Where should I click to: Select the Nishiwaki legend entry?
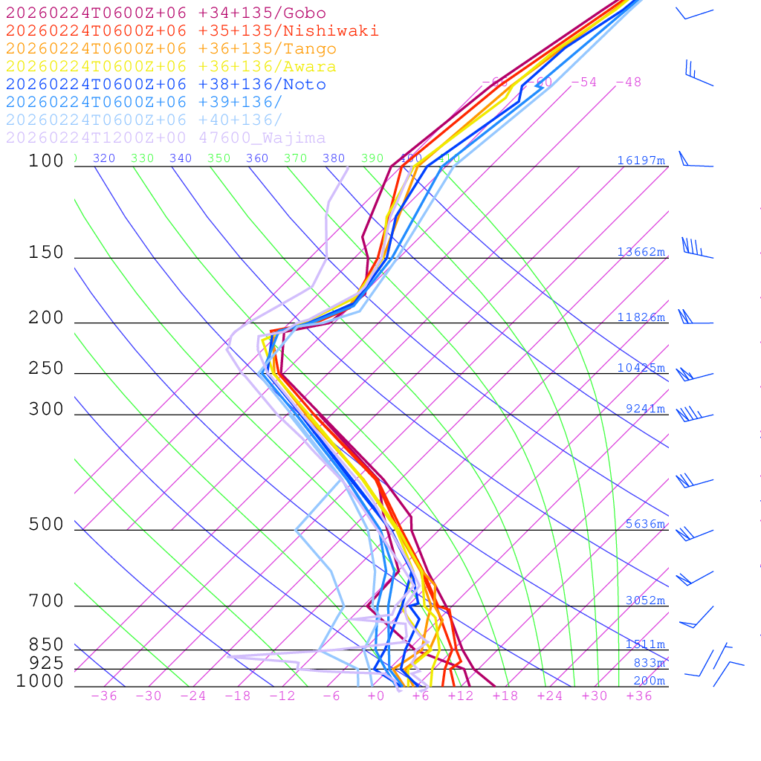coord(192,31)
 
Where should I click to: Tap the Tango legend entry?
coord(171,49)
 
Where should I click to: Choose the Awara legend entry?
coord(171,67)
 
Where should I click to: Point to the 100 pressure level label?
coord(46,161)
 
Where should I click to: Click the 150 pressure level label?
coord(46,253)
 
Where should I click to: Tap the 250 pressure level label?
coord(46,369)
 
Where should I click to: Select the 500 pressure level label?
coord(46,525)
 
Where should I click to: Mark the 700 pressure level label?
coord(46,601)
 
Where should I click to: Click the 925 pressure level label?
coord(46,663)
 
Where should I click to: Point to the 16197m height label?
coord(641,161)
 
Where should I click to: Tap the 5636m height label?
coord(645,524)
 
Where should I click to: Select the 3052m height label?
coord(645,600)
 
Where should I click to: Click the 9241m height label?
coord(645,409)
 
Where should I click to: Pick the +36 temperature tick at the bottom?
coord(638,696)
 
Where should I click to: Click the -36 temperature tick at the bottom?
coord(103,696)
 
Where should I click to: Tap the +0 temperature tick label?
coord(375,696)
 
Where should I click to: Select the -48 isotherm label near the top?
coord(628,82)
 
